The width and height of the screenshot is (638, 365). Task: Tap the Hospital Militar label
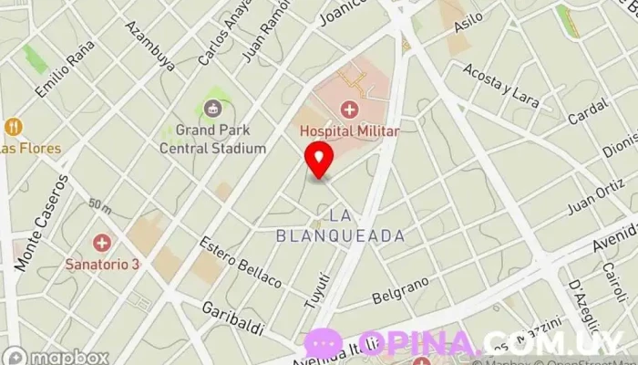(350, 131)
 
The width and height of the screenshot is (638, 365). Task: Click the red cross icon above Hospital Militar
(350, 110)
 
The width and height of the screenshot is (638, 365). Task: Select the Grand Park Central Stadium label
(213, 140)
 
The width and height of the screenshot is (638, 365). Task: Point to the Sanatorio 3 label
(102, 264)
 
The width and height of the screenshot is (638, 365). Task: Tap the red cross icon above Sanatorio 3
(101, 243)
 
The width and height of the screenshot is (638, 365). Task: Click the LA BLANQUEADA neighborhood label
(341, 225)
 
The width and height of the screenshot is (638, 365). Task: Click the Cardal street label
(586, 114)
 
